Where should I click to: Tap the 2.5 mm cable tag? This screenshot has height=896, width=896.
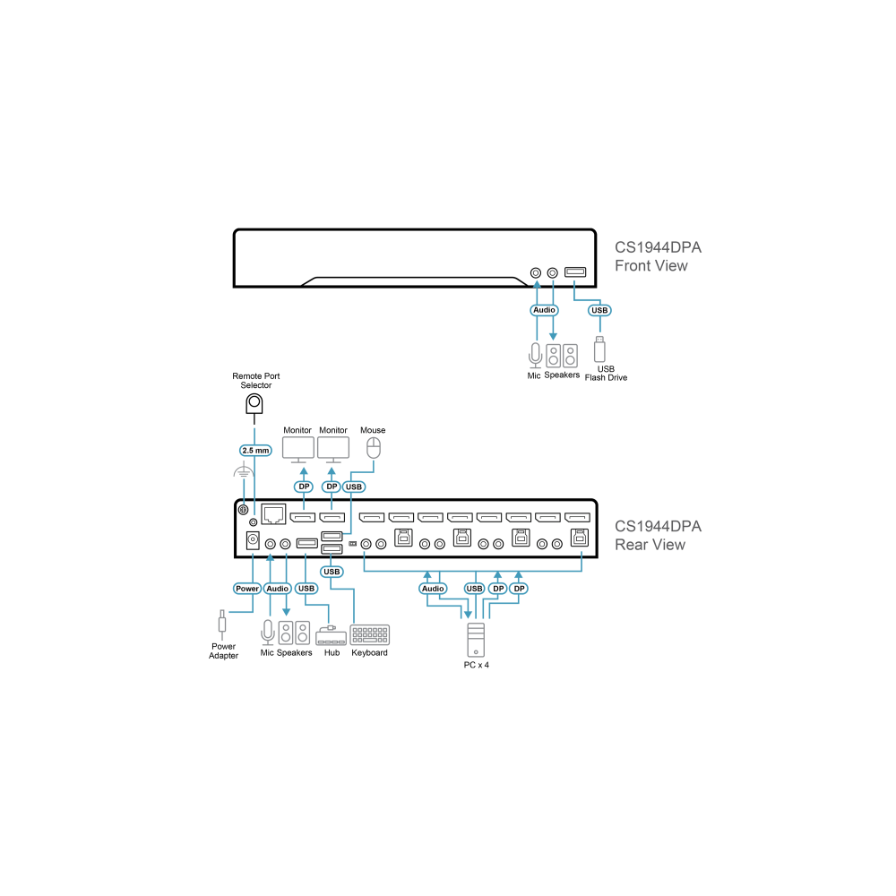[x=255, y=451]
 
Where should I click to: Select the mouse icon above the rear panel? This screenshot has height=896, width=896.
[x=373, y=448]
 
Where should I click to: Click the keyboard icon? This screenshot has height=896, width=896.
[x=370, y=635]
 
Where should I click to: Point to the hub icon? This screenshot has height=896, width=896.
[x=331, y=635]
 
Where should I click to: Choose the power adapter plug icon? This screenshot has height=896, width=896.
[x=222, y=625]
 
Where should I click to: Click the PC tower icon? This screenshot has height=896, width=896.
[x=476, y=640]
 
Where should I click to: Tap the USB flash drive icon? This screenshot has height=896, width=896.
[x=599, y=349]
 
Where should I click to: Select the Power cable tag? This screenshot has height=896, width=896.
[x=247, y=589]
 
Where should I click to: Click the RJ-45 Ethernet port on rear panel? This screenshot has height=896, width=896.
[x=273, y=514]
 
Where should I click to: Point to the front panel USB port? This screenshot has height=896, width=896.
[x=575, y=272]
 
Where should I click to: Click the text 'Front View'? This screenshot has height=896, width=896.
[x=650, y=266]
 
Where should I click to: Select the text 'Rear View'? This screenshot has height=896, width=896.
[x=650, y=545]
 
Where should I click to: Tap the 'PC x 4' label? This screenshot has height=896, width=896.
[x=476, y=665]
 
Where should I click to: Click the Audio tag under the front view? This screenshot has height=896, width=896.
[x=544, y=310]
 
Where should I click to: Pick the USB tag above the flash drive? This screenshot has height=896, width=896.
[x=599, y=310]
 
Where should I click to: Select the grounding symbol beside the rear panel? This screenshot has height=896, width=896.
[x=244, y=471]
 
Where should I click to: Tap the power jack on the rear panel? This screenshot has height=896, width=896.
[x=253, y=540]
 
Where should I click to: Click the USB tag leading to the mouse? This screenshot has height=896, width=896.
[x=354, y=487]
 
